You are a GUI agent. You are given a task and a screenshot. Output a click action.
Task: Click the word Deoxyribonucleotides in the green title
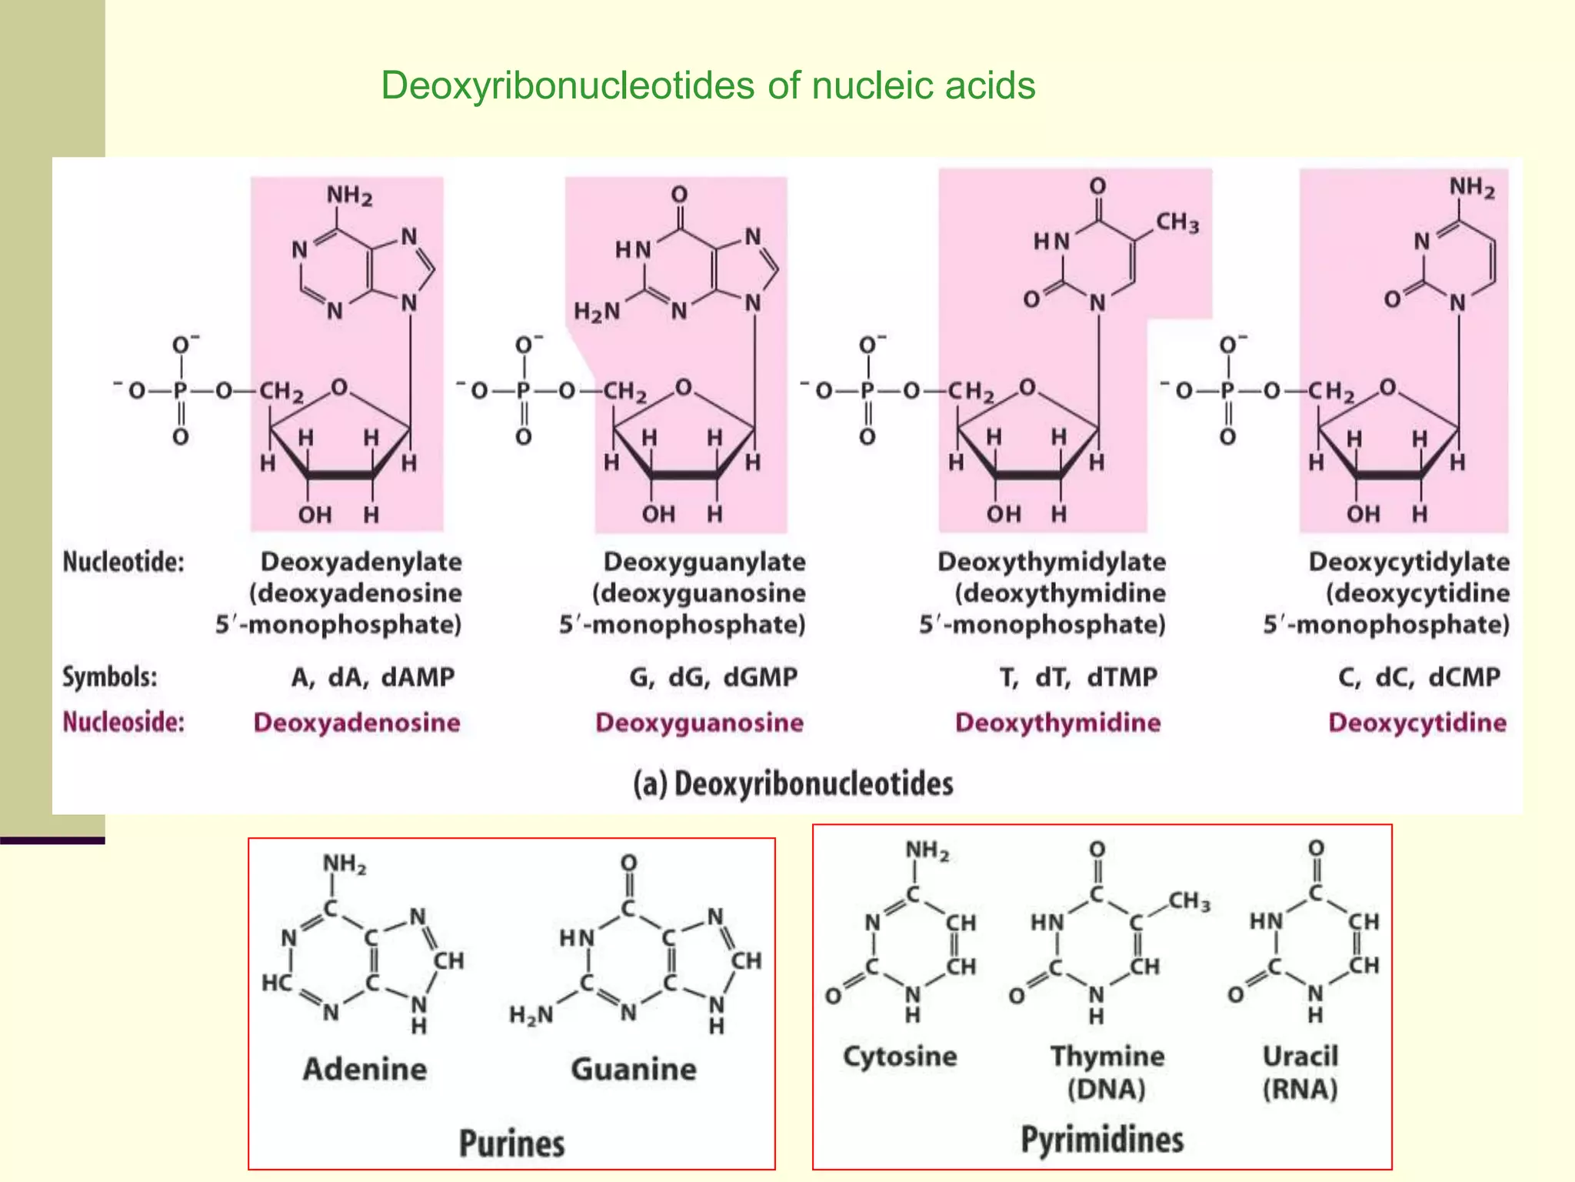[568, 85]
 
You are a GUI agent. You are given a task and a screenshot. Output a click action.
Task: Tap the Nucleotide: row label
[123, 562]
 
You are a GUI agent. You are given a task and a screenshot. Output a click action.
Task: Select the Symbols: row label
[109, 676]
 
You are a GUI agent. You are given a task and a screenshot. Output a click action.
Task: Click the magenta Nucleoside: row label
[123, 722]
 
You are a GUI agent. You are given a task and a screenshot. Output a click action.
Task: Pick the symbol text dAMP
[418, 676]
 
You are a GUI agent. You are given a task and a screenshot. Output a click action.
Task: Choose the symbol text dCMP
[1463, 676]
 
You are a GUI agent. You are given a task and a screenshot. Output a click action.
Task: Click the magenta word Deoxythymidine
[1057, 722]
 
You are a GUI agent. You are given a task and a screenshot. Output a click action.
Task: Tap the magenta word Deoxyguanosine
[699, 722]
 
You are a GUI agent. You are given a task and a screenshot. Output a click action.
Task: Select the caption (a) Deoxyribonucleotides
[793, 783]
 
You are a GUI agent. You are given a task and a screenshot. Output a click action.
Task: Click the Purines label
[511, 1143]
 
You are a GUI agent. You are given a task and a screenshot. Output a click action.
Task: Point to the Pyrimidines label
[1102, 1139]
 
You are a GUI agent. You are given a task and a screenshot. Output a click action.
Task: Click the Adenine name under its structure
[365, 1069]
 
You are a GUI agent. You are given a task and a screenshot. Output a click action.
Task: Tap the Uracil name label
[1300, 1056]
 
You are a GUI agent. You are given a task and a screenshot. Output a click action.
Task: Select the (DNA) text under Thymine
[1106, 1089]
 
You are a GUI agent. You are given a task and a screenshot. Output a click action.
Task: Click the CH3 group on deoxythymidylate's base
[1177, 223]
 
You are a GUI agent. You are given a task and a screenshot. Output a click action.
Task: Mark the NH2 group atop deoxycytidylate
[1471, 187]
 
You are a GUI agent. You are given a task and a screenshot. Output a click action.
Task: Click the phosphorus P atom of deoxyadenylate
[180, 391]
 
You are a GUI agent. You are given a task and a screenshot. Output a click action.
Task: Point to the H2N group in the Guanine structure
[531, 1015]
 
